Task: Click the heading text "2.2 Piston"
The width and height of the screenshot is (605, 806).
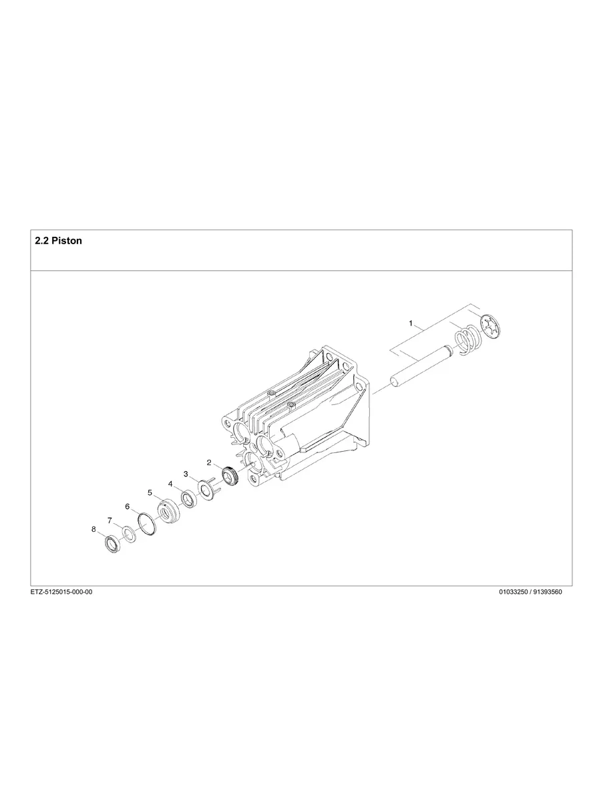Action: (x=58, y=241)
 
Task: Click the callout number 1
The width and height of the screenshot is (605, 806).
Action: (x=411, y=323)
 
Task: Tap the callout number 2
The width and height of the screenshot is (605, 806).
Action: (x=209, y=462)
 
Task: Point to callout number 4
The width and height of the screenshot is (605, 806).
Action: (x=170, y=483)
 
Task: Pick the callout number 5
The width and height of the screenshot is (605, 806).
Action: (x=150, y=493)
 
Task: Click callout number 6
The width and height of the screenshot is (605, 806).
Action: (x=128, y=506)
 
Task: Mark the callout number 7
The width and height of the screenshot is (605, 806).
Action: (x=110, y=520)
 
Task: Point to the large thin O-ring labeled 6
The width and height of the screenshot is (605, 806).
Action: (x=147, y=524)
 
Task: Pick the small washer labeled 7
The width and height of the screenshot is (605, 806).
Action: (x=129, y=534)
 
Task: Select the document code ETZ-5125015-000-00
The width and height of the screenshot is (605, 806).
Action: (x=61, y=592)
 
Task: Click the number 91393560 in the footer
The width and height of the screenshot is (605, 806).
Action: (x=545, y=592)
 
